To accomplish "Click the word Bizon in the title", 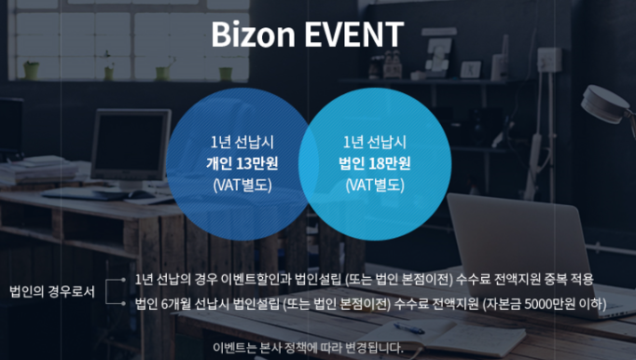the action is (253, 35).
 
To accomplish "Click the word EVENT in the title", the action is (354, 35).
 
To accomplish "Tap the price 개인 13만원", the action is (242, 163).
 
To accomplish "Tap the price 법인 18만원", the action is (375, 163).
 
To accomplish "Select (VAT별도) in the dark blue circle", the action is (242, 185).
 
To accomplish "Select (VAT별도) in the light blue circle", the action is (375, 185).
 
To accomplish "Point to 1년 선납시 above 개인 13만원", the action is (242, 142).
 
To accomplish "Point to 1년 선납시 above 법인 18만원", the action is (375, 142).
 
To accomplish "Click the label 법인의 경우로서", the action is (52, 291).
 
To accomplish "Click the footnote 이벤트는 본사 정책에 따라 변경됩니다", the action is (309, 348).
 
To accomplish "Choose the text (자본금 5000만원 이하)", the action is (545, 304).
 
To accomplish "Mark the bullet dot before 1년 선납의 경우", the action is (123, 280).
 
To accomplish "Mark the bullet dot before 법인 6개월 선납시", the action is (123, 303).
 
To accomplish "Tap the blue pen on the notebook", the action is (408, 328).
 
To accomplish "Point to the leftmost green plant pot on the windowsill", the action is (31, 70).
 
